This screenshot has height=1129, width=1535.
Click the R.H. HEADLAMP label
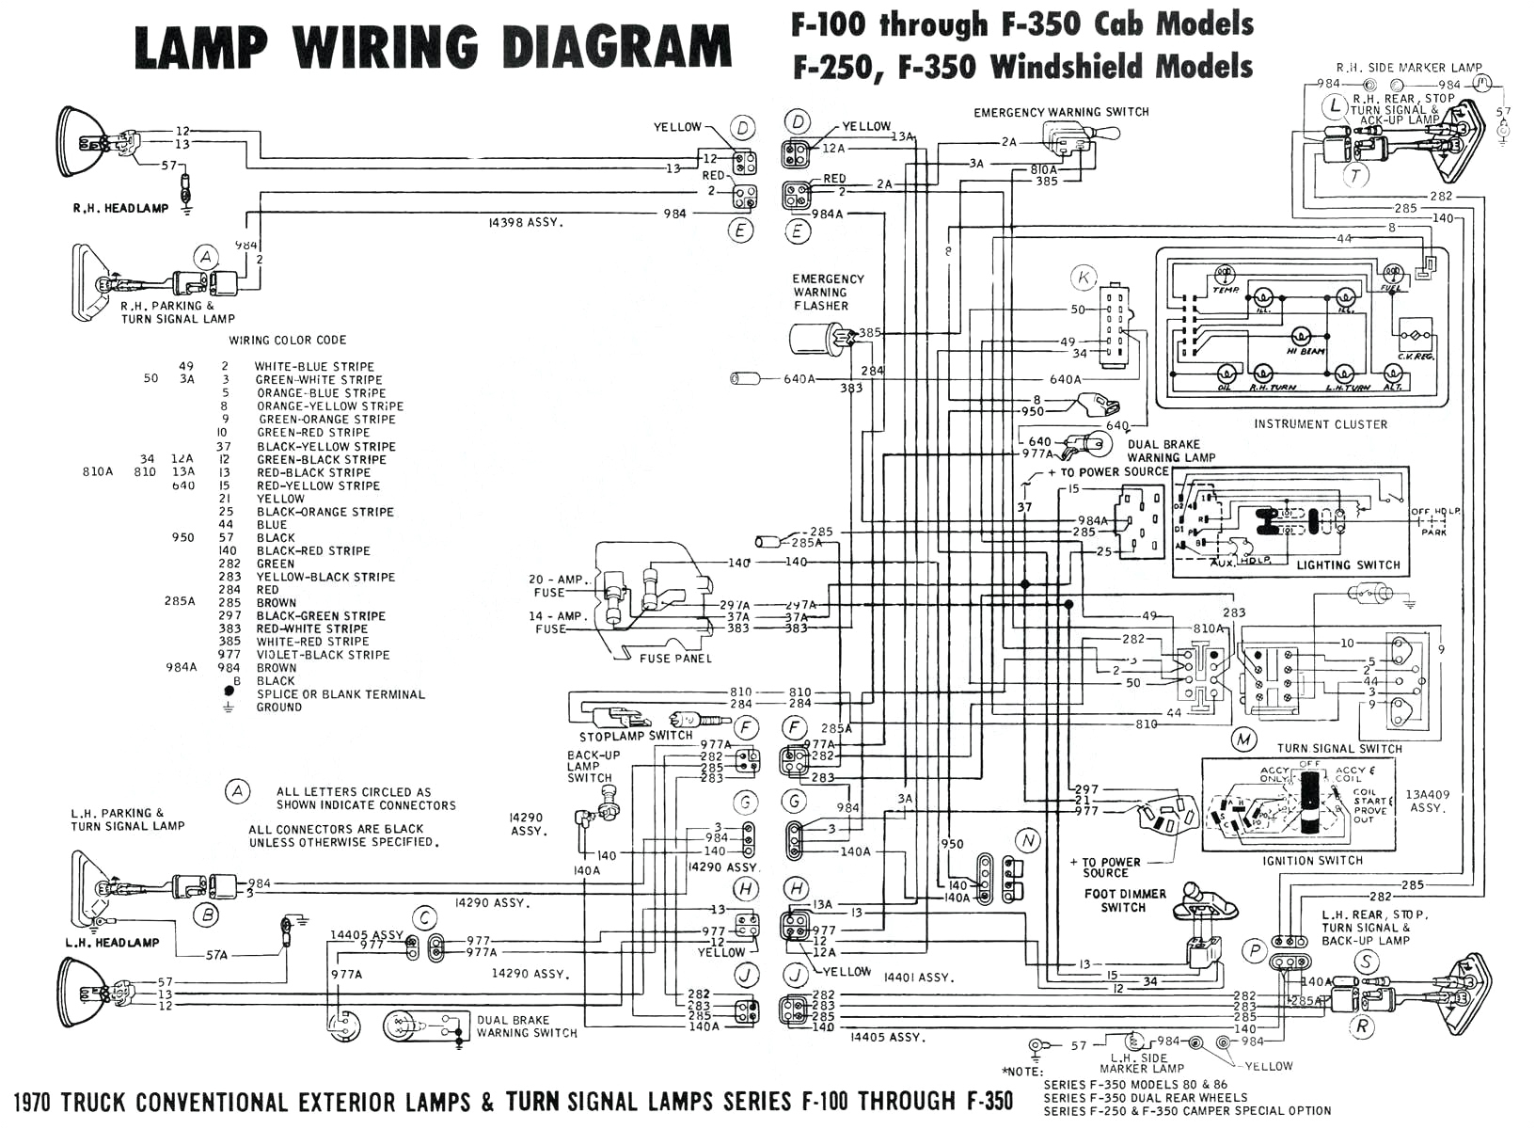click(120, 208)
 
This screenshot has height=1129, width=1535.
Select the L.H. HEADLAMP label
click(112, 942)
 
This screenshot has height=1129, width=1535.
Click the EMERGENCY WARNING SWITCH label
click(1061, 112)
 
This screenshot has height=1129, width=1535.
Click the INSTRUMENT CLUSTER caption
click(1320, 424)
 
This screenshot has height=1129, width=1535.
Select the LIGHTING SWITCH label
click(1348, 565)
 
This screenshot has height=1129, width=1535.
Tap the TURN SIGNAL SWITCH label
click(1338, 749)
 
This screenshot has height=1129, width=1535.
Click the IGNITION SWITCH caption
click(1313, 861)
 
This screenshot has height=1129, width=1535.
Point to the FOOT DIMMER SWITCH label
click(1124, 900)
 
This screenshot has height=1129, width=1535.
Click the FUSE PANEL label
click(675, 659)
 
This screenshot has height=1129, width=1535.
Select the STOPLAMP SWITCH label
click(635, 736)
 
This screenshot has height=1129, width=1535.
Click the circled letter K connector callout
click(1084, 278)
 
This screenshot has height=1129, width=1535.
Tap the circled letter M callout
click(1244, 739)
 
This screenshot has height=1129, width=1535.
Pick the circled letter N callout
click(1028, 840)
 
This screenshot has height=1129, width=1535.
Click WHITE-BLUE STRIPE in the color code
click(314, 367)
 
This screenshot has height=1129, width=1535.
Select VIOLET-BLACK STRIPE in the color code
click(323, 655)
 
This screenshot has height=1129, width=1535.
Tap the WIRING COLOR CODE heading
click(287, 340)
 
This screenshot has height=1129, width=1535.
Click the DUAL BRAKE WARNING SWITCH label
click(526, 1026)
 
